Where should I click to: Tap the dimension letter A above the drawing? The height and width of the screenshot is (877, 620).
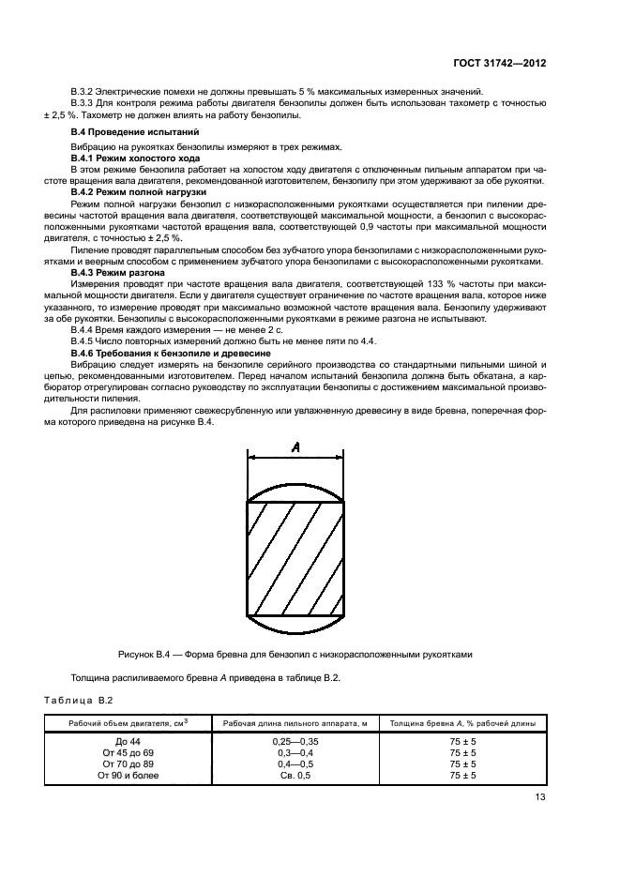[295, 448]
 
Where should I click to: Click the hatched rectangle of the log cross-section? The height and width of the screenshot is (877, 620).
[295, 559]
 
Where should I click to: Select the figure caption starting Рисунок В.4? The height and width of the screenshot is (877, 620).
[295, 654]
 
